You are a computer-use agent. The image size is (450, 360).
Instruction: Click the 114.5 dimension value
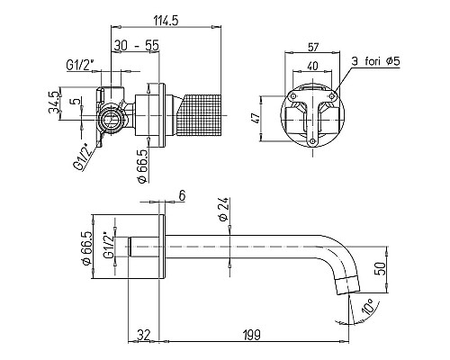pos(166,21)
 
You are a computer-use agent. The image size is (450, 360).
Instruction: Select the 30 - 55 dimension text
pos(136,46)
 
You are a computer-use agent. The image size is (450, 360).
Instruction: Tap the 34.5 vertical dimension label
pos(54,103)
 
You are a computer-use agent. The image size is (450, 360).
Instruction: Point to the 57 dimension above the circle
pos(313,47)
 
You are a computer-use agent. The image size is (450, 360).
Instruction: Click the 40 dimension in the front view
pos(312,66)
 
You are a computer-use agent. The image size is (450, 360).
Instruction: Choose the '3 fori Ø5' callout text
pos(376,61)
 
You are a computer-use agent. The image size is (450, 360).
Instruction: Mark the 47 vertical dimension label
pos(256,118)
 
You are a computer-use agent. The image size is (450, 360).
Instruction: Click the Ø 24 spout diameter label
pos(224,209)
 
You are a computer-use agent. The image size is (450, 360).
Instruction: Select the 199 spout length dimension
pos(252,335)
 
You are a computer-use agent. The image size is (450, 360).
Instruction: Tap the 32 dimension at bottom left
pos(143,335)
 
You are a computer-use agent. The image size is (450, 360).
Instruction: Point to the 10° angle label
pos(368,307)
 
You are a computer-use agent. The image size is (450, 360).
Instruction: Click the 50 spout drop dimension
pos(380,269)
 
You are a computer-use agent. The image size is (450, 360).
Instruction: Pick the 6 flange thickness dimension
pos(182,195)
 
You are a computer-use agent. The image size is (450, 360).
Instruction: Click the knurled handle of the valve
pos(199,115)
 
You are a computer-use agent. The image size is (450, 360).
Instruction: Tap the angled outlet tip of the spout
pos(347,285)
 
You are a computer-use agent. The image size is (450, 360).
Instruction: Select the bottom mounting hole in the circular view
pos(312,141)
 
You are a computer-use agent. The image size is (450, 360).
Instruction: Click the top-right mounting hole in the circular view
pos(332,96)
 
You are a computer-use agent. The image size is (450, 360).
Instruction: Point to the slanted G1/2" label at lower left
pos(81,157)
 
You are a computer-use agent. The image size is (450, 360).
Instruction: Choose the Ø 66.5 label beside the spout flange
pos(86,247)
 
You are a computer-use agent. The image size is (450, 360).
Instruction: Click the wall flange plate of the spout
pos(162,247)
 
